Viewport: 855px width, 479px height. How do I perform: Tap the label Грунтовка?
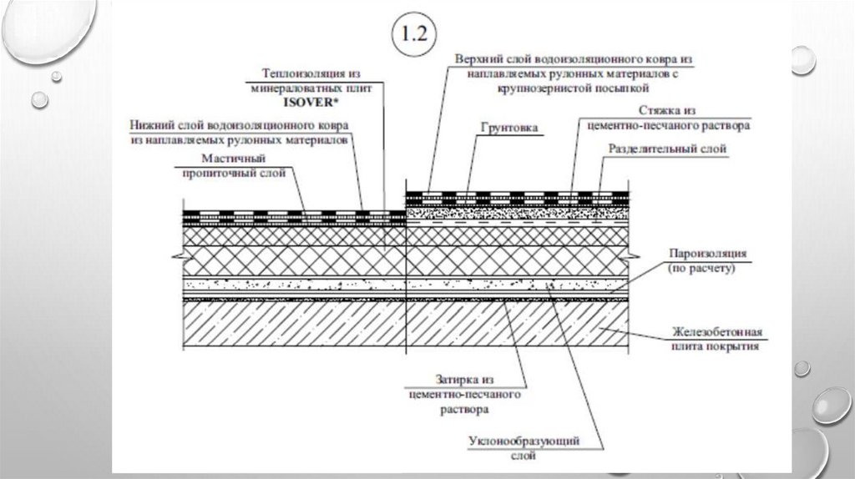pyautogui.click(x=509, y=129)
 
